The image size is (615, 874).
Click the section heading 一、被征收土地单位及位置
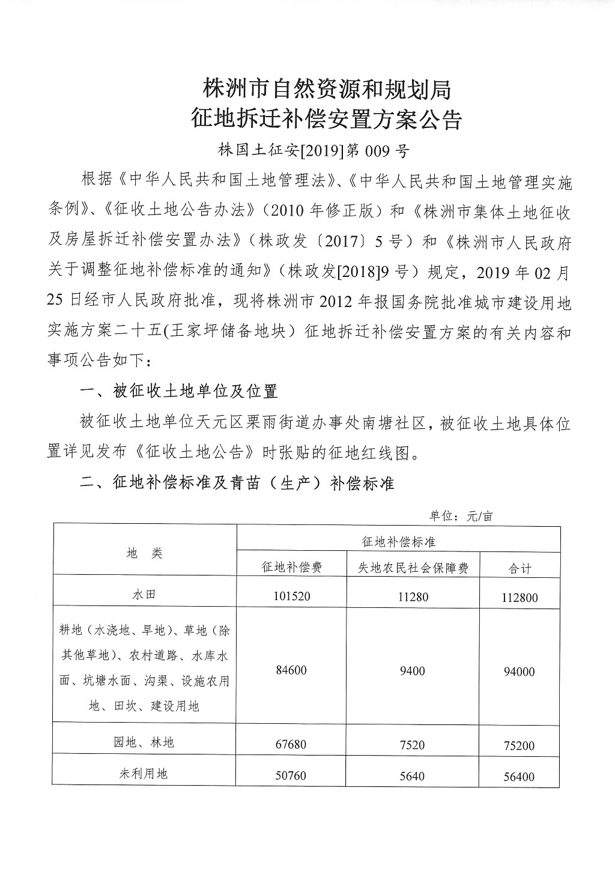click(179, 392)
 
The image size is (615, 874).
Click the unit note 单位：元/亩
click(461, 516)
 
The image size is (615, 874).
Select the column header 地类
click(145, 553)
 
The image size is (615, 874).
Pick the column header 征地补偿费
click(291, 567)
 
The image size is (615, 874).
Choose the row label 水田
click(144, 595)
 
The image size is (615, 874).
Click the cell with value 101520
click(291, 596)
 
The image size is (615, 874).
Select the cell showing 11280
click(413, 596)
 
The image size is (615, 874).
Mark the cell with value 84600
click(291, 671)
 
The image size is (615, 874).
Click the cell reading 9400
click(413, 671)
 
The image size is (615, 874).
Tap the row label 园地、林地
click(144, 742)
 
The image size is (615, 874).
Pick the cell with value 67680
click(291, 745)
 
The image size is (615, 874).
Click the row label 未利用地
click(144, 774)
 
